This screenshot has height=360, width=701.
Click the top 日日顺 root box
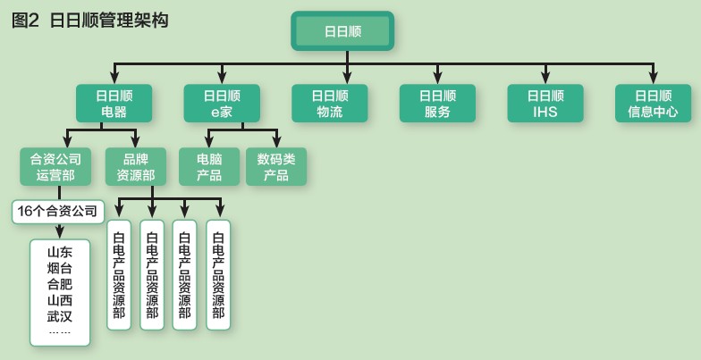tap(342, 30)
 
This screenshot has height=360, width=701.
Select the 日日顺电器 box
tap(114, 104)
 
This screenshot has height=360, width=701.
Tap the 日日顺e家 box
tap(222, 104)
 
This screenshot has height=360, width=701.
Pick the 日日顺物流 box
tap(330, 104)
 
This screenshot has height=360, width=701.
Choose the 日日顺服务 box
tap(438, 104)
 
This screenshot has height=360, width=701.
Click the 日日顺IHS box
tap(545, 104)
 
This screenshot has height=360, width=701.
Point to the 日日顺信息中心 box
tap(653, 104)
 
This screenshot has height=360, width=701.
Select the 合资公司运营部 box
tap(55, 166)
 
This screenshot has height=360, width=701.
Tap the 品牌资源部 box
tap(136, 166)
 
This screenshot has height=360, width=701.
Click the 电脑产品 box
tap(209, 166)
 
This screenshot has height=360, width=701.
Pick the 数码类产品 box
tap(276, 166)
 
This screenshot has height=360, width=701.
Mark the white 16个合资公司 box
tap(57, 211)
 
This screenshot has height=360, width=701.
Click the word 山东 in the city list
tap(59, 252)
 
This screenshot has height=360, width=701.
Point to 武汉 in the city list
tap(59, 316)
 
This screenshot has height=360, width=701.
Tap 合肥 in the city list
tap(59, 284)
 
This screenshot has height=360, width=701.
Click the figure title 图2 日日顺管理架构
tap(89, 21)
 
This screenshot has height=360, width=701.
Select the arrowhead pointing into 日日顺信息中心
tap(653, 79)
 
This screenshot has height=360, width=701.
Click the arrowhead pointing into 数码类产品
tap(276, 142)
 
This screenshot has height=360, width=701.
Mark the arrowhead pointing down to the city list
tap(59, 233)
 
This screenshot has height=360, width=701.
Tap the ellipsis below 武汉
tap(59, 332)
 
